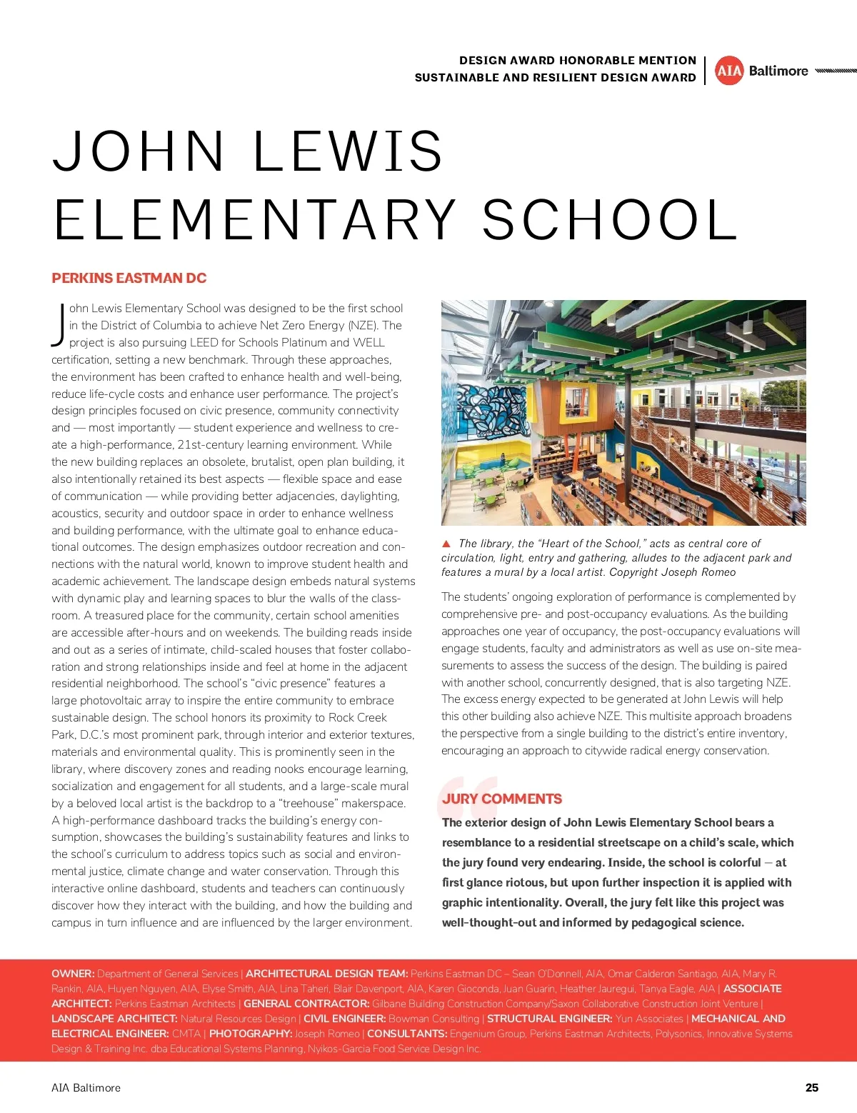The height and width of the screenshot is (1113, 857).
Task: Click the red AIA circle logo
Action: pos(729,71)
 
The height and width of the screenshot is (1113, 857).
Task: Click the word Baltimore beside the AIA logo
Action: pos(778,71)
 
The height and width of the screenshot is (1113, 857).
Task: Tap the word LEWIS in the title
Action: pos(349,151)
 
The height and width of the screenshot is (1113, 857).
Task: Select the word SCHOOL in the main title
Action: pos(611,219)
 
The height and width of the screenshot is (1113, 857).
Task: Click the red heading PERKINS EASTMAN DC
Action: pos(129,278)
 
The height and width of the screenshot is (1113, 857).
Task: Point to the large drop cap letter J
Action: pos(59,325)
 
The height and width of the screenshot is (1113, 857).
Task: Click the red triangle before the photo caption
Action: pos(446,544)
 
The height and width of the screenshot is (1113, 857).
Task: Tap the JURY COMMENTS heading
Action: pos(502,799)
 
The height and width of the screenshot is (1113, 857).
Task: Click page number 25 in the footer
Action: pos(812,1087)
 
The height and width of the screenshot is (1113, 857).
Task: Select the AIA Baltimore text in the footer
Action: pos(86,1087)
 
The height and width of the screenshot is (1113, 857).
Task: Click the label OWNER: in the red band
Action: pos(73,974)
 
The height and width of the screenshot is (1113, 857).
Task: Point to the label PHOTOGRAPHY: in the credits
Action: pos(250,1034)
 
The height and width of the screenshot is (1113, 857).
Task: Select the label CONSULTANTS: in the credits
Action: pos(407,1034)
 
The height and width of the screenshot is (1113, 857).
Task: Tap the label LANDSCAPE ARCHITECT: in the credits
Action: pos(114,1019)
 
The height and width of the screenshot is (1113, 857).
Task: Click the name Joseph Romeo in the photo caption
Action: pos(698,572)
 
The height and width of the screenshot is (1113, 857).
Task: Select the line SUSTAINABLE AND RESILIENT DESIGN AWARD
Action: pos(555,78)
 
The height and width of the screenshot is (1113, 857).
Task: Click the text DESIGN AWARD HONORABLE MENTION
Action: pos(577,61)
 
